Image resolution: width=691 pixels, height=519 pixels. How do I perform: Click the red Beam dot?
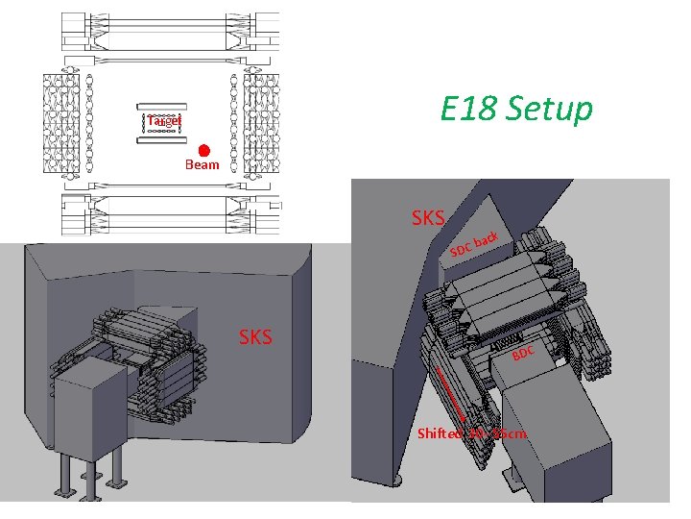click(x=204, y=151)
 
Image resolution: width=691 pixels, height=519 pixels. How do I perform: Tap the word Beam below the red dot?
click(x=202, y=165)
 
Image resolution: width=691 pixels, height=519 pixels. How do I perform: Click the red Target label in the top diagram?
click(x=163, y=121)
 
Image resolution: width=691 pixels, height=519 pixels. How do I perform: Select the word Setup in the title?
click(x=550, y=110)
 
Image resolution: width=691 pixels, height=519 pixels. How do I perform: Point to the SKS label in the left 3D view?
click(x=254, y=336)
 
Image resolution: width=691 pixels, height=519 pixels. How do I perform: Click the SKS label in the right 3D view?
click(x=427, y=219)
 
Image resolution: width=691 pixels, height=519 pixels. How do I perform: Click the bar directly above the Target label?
click(x=162, y=107)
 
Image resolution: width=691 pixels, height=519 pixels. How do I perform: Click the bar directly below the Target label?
click(x=162, y=140)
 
